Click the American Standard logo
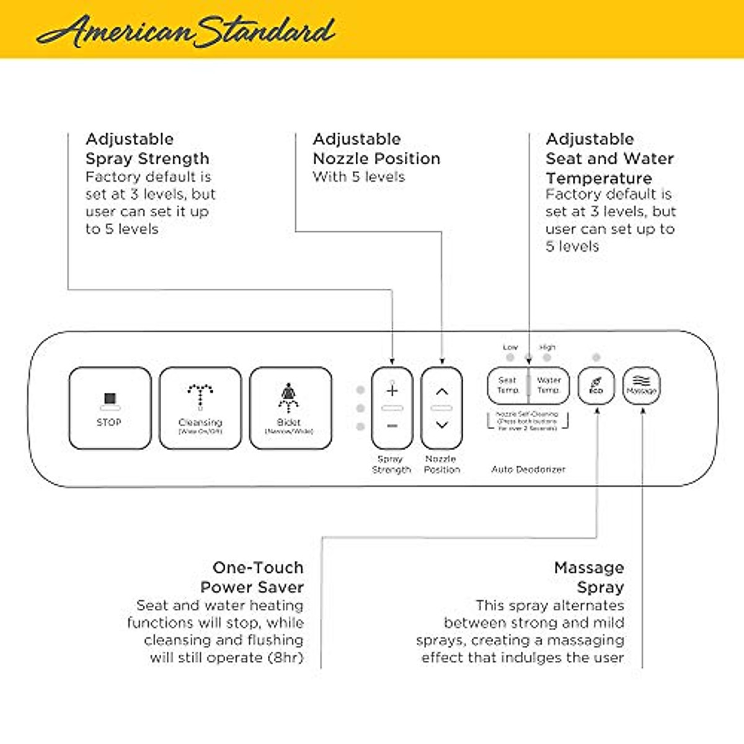(x=186, y=31)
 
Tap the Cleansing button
(x=200, y=407)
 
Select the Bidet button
(x=290, y=407)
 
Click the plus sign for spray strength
(x=392, y=391)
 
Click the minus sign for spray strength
(x=392, y=426)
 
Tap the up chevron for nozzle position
(x=441, y=391)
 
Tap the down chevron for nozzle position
(x=441, y=425)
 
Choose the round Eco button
(x=596, y=386)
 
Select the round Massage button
(x=641, y=386)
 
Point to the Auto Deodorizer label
(x=528, y=469)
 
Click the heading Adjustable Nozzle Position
(x=376, y=149)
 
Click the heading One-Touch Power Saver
(x=252, y=577)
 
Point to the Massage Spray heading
(x=589, y=577)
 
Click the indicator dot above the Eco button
(x=596, y=358)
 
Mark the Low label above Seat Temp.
(x=510, y=347)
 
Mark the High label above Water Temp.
(x=547, y=347)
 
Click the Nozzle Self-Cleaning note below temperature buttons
(x=528, y=420)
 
